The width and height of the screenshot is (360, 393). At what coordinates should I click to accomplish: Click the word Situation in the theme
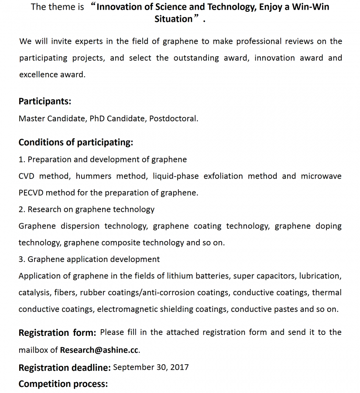click(173, 19)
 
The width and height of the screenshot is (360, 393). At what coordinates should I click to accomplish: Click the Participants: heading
click(45, 101)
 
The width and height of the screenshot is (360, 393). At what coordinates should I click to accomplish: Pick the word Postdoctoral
click(173, 118)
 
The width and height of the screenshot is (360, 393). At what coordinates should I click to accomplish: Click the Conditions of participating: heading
click(75, 142)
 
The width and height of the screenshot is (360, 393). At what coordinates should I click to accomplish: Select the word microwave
click(321, 176)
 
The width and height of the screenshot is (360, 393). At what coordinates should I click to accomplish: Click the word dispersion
click(80, 226)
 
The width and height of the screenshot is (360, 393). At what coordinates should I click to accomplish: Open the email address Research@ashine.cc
click(99, 350)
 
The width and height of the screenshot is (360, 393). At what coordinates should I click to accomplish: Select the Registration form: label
click(57, 333)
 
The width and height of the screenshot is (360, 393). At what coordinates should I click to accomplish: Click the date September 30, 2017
click(151, 367)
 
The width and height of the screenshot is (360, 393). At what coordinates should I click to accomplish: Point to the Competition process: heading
click(63, 384)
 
